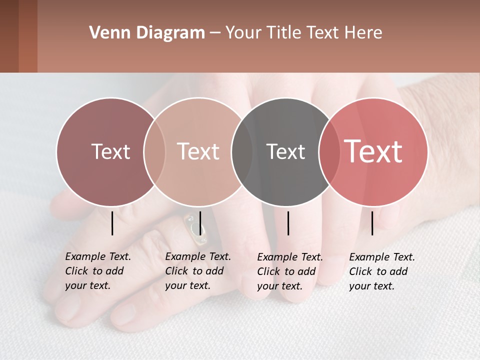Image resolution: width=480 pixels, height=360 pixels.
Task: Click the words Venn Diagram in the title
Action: (x=147, y=33)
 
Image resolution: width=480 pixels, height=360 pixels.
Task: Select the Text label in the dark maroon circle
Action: (x=110, y=151)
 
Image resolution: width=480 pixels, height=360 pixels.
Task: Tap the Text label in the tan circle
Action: (x=198, y=151)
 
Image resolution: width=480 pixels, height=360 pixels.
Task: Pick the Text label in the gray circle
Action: (x=285, y=151)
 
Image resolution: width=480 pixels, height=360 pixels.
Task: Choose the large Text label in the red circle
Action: (x=373, y=151)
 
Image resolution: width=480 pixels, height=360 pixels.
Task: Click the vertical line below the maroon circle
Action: (x=112, y=223)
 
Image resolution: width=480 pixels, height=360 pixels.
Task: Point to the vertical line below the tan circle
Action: (x=200, y=223)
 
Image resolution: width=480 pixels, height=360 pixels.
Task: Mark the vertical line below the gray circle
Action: (x=288, y=223)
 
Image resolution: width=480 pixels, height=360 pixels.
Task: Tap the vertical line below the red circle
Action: (x=372, y=223)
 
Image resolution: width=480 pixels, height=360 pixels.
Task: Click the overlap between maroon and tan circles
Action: (x=154, y=151)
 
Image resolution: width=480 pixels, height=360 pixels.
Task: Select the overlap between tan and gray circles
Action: (x=242, y=151)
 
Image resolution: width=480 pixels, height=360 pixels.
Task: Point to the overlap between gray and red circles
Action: (x=327, y=151)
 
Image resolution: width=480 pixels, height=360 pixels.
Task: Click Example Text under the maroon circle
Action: (x=98, y=256)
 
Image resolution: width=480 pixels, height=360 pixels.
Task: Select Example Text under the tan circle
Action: (x=198, y=256)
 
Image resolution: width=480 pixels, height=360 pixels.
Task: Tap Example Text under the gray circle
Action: (x=290, y=257)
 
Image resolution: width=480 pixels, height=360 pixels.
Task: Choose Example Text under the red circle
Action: (x=382, y=257)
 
